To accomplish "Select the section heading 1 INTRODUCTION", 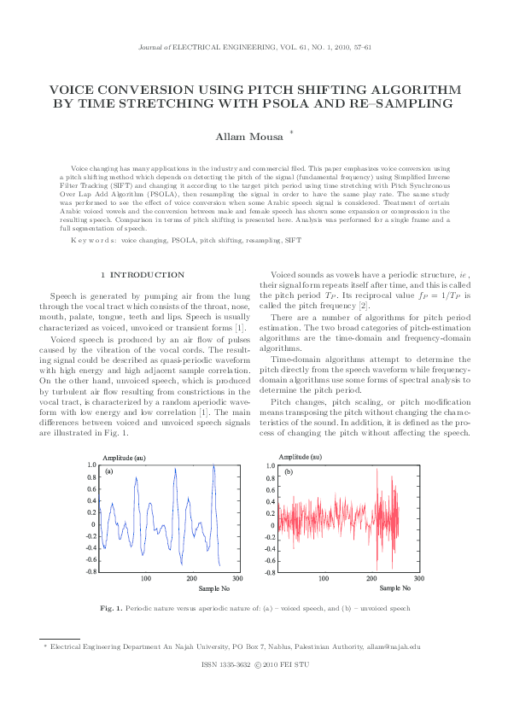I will [x=143, y=274].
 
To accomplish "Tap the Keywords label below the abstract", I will [x=93, y=241].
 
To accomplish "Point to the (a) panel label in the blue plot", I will [x=109, y=471].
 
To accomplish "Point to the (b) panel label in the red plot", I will [x=289, y=471].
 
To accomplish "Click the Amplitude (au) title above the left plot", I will [x=125, y=458].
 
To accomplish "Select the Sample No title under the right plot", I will [x=394, y=588].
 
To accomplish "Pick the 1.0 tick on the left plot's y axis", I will [x=91, y=465].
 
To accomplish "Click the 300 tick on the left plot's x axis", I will [x=237, y=579].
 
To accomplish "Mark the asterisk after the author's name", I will [x=292, y=132].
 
